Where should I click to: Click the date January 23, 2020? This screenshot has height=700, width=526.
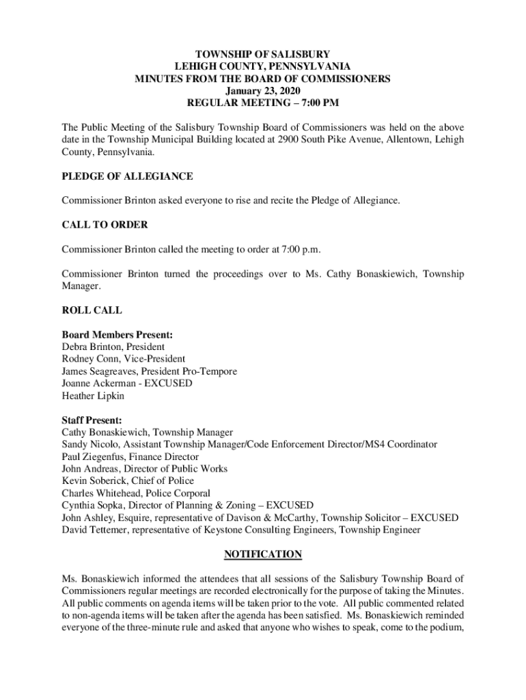[x=262, y=90]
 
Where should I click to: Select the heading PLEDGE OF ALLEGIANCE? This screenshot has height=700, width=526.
[x=127, y=176]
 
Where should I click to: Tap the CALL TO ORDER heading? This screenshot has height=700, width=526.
[x=105, y=224]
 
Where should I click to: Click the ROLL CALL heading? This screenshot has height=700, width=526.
[x=92, y=310]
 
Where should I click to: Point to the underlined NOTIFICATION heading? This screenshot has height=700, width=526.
[x=262, y=554]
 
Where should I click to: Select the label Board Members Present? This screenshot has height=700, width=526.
[x=117, y=335]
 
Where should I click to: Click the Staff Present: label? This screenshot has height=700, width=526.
[x=92, y=420]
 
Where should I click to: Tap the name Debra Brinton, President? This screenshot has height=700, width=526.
[x=113, y=347]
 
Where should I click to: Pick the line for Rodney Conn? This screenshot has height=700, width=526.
[x=123, y=359]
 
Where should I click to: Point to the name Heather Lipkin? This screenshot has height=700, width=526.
[x=93, y=396]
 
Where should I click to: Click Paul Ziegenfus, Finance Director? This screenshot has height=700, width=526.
[x=130, y=457]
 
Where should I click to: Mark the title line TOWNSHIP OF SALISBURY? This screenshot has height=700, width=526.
[x=262, y=53]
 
